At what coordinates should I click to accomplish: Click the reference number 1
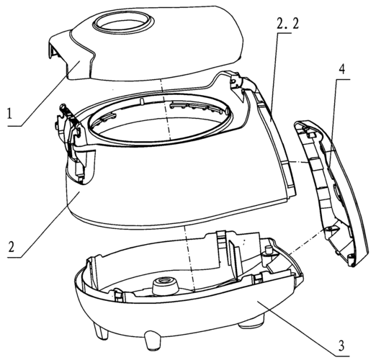[9, 114]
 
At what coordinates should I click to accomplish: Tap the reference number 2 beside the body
[12, 246]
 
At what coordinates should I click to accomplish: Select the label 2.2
[287, 24]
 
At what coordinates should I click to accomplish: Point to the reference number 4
[342, 70]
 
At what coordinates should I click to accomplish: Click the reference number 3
[341, 346]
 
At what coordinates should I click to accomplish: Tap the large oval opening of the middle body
[160, 120]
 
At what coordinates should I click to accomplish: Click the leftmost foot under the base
[101, 330]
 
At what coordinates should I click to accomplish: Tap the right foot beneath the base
[251, 324]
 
